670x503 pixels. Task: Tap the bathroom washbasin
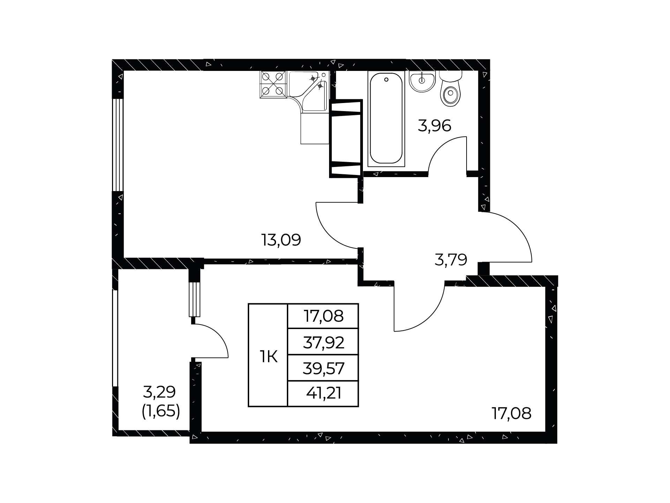coord(422,81)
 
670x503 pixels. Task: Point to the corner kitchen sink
coord(308,91)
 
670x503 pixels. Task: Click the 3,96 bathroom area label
coord(434,126)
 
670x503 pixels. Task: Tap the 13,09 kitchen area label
coord(281,240)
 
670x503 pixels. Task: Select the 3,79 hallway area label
coord(451,260)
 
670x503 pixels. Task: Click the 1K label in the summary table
coord(268,357)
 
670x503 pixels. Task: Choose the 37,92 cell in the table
coord(323,343)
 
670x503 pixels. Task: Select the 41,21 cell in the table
coord(323,394)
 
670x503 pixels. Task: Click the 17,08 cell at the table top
coord(323,316)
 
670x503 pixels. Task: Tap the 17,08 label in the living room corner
coord(512,414)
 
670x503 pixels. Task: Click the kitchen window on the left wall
coord(118,145)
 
